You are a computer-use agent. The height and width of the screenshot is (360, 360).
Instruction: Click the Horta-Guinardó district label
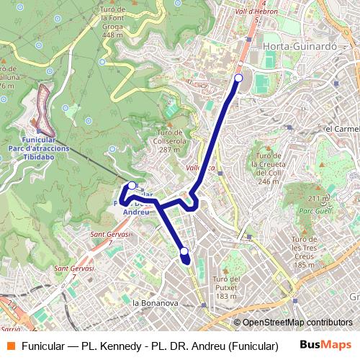point(300,46)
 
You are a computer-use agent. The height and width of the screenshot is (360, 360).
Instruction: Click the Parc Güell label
point(314,211)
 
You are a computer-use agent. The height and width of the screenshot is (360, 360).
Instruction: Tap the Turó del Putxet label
point(226,287)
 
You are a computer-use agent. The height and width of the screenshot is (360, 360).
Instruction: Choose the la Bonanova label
point(155,303)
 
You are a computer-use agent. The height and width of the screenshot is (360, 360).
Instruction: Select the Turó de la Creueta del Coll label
point(269,168)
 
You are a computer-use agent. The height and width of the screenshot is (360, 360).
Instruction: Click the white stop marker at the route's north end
point(238,78)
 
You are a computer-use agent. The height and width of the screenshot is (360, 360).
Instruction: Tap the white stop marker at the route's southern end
point(184,251)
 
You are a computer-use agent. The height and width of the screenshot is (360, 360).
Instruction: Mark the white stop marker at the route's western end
point(132,186)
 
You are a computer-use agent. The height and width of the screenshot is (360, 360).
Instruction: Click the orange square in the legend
point(11,346)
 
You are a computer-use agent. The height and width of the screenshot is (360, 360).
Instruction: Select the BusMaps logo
point(325,346)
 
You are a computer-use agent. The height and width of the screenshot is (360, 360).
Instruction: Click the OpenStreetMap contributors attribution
point(297,323)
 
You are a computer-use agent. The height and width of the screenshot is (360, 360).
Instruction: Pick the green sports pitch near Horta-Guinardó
point(261,84)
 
